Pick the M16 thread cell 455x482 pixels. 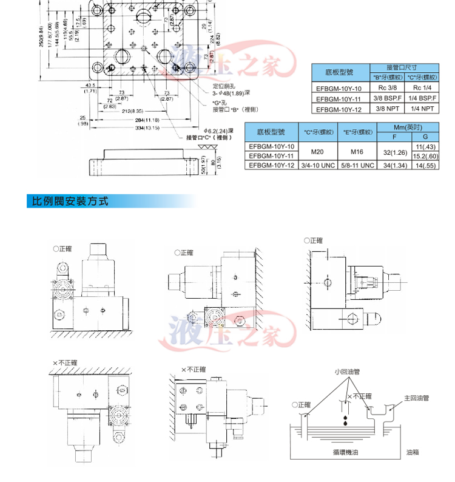pos(355,151)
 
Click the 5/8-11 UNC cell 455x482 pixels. pos(355,165)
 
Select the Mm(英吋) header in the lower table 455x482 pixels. pos(408,127)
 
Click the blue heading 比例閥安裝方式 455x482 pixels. pos(68,201)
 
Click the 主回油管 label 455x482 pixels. pos(417,399)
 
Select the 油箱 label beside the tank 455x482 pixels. pos(413,452)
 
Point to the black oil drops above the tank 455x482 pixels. pos(345,419)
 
